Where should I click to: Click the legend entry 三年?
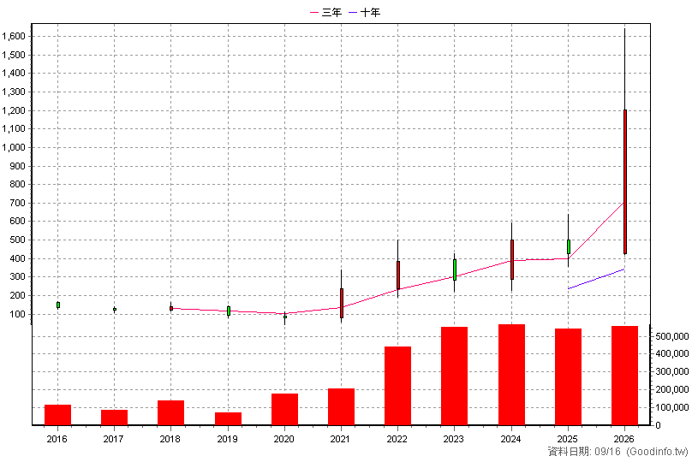[325, 12]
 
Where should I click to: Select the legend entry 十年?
[364, 12]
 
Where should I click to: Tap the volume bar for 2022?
[397, 386]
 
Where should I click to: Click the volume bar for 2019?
[228, 419]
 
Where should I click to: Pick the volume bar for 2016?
[58, 415]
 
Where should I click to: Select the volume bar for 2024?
[511, 375]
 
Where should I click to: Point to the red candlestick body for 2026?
[625, 181]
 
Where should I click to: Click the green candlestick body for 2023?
[455, 269]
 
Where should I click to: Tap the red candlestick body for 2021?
[342, 304]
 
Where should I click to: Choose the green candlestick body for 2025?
[569, 247]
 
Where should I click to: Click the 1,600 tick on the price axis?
[14, 36]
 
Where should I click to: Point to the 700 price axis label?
[17, 204]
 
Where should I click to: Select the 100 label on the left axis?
[17, 314]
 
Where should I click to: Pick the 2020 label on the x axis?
[283, 439]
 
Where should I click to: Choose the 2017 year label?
[113, 439]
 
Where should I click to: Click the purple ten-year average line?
[596, 279]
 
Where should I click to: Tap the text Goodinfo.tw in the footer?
[658, 452]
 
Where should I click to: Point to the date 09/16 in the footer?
[608, 452]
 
